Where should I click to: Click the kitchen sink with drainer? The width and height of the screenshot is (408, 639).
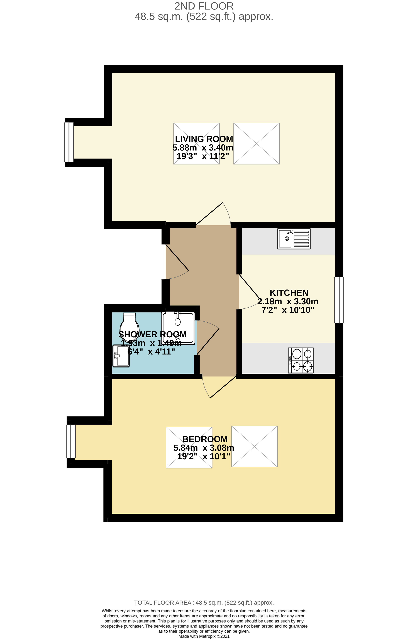(294, 239)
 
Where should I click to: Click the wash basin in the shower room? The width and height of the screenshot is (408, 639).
(121, 356)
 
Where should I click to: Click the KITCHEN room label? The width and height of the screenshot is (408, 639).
(289, 293)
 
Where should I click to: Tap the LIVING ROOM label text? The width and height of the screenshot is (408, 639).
(204, 139)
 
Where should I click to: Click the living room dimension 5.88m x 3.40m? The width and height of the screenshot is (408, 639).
(203, 148)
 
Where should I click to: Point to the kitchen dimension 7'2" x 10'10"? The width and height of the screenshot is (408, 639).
(288, 310)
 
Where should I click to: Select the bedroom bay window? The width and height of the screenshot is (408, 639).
(71, 441)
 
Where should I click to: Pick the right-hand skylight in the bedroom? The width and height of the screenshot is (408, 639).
(254, 446)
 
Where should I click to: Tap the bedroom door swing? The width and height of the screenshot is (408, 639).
(218, 386)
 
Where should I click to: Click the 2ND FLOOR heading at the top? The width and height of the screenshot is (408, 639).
(204, 6)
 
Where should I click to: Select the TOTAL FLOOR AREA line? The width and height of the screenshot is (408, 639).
(204, 603)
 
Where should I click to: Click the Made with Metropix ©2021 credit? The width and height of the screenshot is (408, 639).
(204, 636)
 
